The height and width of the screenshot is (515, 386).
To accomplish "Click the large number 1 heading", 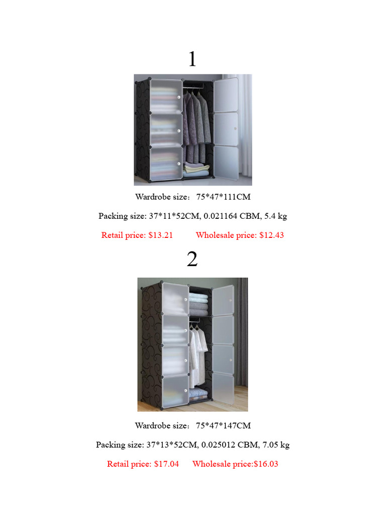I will pyautogui.click(x=192, y=60).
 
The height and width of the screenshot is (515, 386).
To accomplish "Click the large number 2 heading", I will pyautogui.click(x=192, y=260).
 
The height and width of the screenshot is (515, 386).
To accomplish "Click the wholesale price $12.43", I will pyautogui.click(x=271, y=235).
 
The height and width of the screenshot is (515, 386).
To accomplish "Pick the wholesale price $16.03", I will pyautogui.click(x=265, y=464).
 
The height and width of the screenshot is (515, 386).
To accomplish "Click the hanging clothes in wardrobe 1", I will pyautogui.click(x=196, y=121).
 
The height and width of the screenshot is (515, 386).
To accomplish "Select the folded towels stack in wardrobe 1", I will pyautogui.click(x=197, y=169).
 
